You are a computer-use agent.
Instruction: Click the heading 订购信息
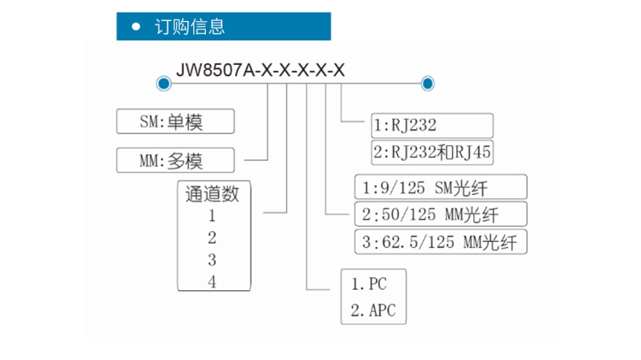(x=190, y=26)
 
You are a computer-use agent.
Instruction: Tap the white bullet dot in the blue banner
(x=136, y=26)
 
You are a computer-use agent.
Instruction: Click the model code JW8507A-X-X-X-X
(x=260, y=70)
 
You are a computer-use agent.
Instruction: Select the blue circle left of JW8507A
(x=163, y=83)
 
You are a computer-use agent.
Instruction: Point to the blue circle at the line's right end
(x=428, y=83)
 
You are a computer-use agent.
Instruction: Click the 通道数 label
(x=213, y=194)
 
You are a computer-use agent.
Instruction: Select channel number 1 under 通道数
(x=213, y=215)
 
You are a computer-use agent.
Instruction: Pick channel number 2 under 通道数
(x=213, y=237)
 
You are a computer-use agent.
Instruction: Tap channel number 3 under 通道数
(x=213, y=260)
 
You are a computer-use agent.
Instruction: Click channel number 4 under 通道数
(x=213, y=282)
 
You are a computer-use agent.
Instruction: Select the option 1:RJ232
(x=431, y=126)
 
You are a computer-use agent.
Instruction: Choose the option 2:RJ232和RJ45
(x=431, y=153)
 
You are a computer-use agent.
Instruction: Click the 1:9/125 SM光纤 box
(x=439, y=186)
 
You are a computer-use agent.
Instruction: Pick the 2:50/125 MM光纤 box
(x=439, y=213)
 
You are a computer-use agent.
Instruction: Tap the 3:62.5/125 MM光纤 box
(x=439, y=243)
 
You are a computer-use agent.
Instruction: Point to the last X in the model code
(x=339, y=70)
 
